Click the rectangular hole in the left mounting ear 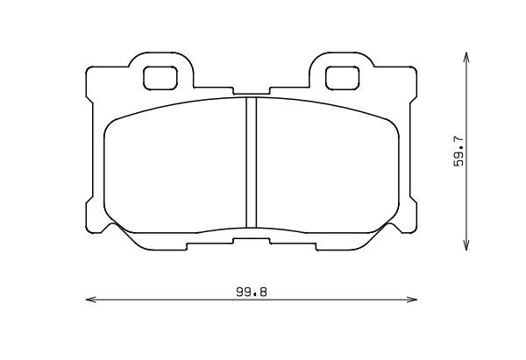160,78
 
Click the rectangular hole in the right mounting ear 343,78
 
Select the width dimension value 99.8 251,293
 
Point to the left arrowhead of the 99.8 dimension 89,301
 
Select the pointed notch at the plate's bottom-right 392,226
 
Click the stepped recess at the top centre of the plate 251,92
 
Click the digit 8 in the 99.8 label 262,293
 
